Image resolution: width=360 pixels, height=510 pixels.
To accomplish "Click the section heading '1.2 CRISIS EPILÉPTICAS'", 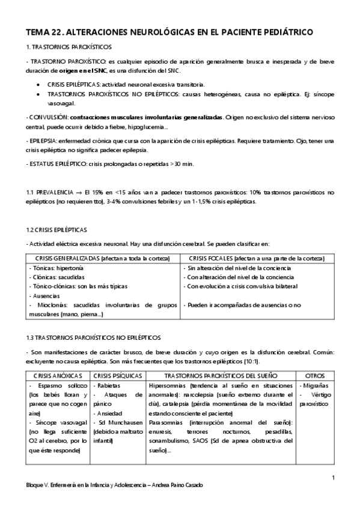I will (x=56, y=230).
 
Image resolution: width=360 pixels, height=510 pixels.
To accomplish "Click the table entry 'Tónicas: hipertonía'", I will (x=56, y=267).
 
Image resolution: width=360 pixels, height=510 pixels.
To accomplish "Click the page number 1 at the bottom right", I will (x=332, y=477).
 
